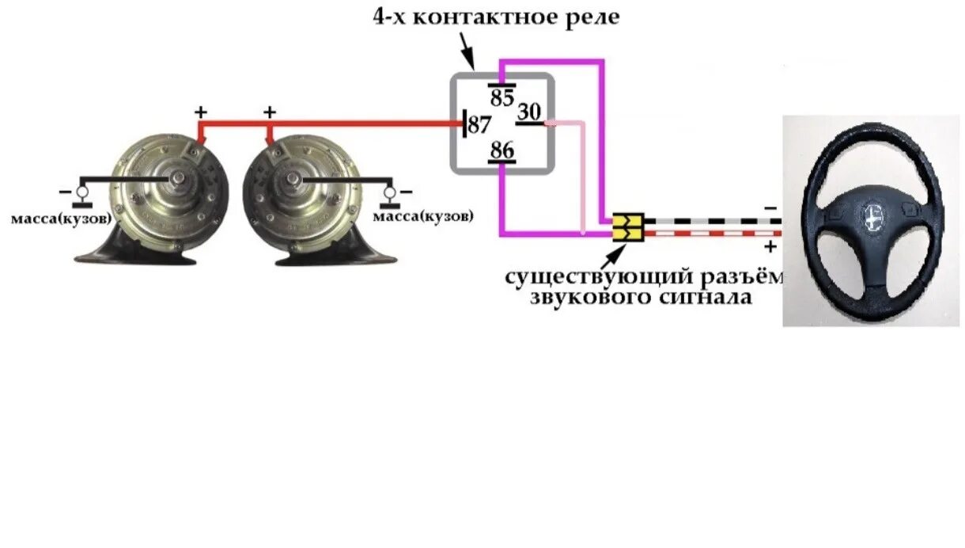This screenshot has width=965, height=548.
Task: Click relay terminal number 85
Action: tap(502, 98)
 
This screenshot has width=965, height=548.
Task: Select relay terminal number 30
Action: tap(530, 113)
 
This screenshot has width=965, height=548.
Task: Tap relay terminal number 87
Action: tap(479, 124)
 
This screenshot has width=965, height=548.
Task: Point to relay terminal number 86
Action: tap(502, 149)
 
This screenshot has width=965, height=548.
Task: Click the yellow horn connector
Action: tap(628, 226)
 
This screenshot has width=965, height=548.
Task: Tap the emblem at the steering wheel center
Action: tap(872, 216)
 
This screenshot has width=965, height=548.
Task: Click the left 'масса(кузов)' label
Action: tap(61, 219)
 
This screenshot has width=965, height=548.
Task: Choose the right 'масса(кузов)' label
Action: tap(423, 216)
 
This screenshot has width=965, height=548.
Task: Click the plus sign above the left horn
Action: tap(201, 112)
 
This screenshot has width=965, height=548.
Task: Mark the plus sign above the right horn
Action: tap(269, 112)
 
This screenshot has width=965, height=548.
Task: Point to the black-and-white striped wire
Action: tap(712, 221)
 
